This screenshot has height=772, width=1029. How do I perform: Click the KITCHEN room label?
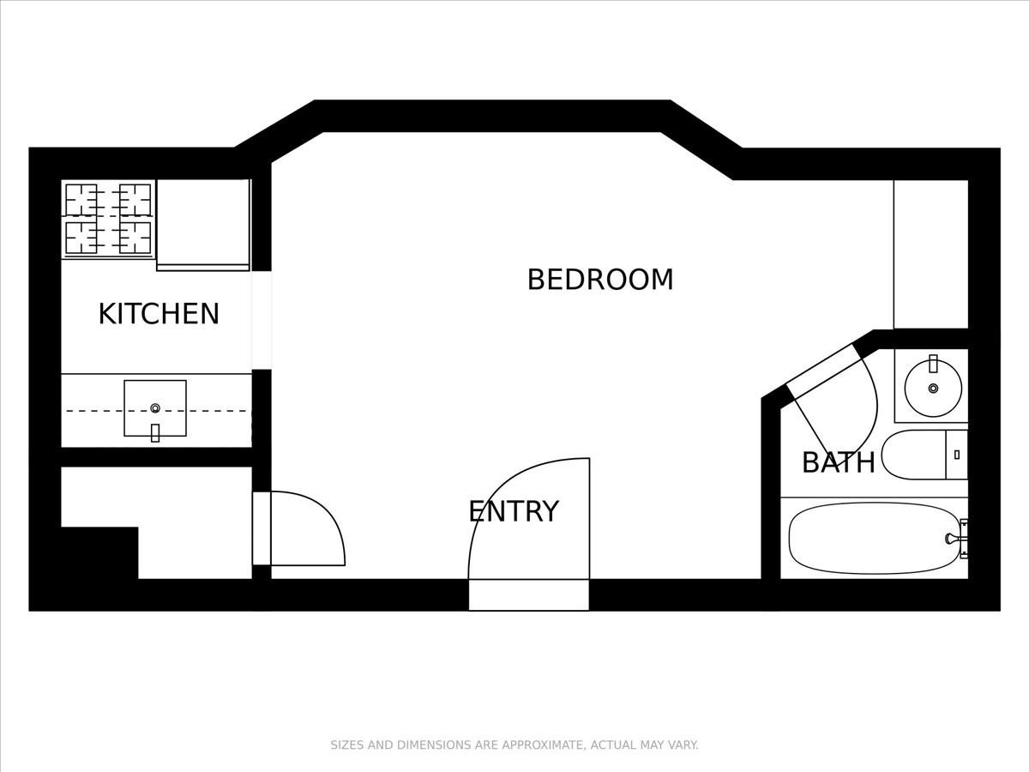click(159, 314)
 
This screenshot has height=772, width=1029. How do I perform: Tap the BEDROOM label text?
click(600, 280)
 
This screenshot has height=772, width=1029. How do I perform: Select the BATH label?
click(838, 462)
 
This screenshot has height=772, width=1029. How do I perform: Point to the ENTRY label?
click(514, 511)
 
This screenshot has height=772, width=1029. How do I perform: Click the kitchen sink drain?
click(155, 408)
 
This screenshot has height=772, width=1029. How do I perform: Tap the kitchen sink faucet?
click(155, 432)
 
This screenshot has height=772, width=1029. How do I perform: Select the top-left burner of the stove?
click(81, 199)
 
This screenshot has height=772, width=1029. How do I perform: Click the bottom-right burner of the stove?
click(135, 238)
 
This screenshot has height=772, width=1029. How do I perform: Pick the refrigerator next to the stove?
click(203, 223)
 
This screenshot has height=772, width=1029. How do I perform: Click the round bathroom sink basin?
click(933, 388)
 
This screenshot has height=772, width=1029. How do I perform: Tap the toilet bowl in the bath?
click(913, 455)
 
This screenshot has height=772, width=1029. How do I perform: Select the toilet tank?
click(956, 455)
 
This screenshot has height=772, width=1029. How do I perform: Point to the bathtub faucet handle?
click(952, 539)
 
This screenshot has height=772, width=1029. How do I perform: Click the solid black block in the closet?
click(99, 553)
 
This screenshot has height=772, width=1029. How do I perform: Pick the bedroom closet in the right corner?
click(930, 254)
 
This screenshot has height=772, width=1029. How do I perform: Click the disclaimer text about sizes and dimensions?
click(514, 745)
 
